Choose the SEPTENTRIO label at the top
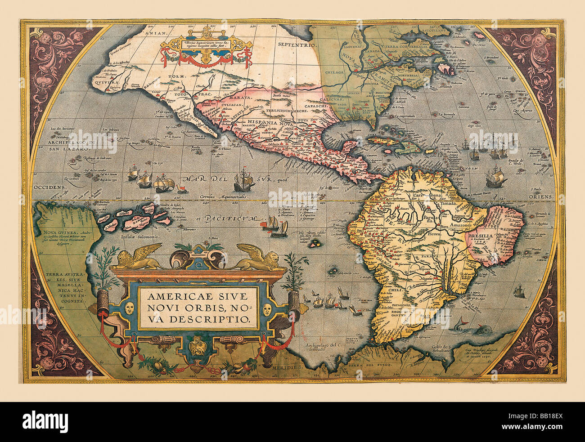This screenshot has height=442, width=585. click(x=297, y=45)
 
